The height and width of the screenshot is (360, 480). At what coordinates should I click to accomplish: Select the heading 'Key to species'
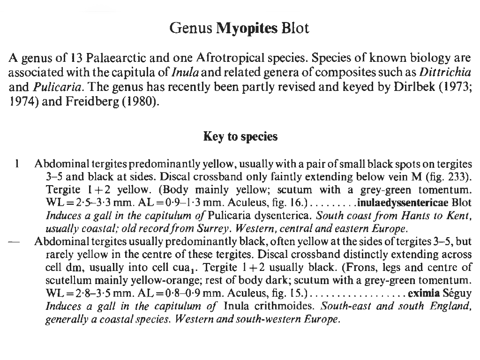[240, 136]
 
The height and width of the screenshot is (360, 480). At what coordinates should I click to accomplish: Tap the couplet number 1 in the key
[16, 164]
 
